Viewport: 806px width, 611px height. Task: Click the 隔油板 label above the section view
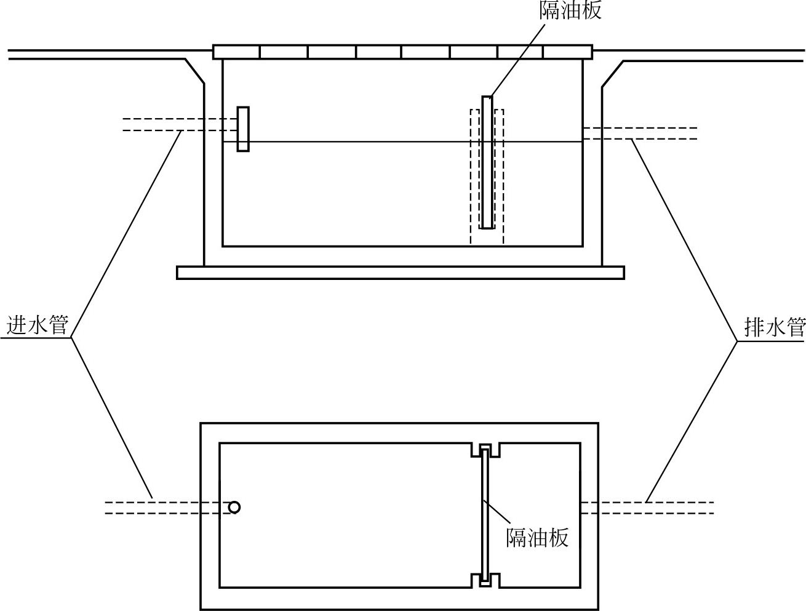point(570,10)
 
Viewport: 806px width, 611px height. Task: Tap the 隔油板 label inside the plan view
point(537,537)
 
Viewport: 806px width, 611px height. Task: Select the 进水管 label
point(36,324)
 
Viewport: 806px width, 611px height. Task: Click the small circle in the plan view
point(234,507)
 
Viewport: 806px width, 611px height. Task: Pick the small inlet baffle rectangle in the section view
point(243,129)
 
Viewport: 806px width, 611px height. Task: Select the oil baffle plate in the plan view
point(485,516)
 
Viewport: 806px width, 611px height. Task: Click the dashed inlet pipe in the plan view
point(160,508)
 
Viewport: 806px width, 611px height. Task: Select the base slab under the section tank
point(400,273)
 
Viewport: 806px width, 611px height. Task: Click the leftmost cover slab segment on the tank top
point(236,52)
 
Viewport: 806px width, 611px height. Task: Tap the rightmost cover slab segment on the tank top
point(567,52)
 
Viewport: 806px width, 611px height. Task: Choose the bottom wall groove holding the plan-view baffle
point(485,580)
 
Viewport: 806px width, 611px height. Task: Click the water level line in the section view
point(369,142)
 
